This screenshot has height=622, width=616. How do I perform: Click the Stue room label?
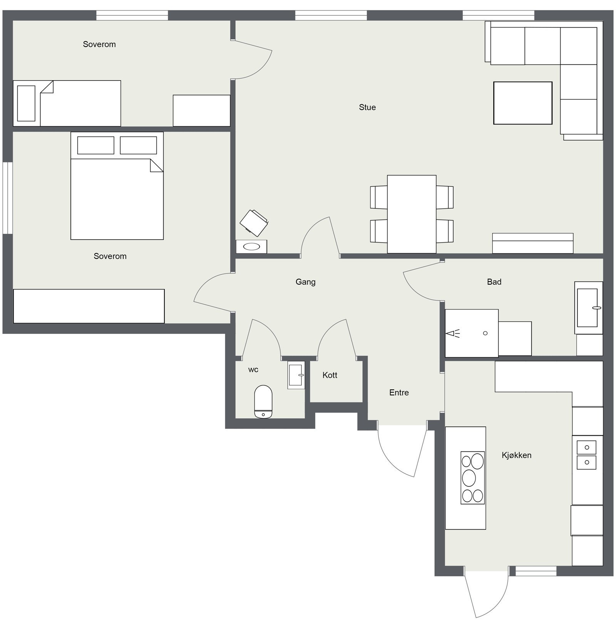point(367,107)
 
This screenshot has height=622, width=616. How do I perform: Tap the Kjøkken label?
point(516,455)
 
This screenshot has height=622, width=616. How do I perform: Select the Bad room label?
point(494,282)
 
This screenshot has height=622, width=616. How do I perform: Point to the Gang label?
point(305,282)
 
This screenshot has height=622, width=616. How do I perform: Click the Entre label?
point(399,392)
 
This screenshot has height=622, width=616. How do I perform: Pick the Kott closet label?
point(330,375)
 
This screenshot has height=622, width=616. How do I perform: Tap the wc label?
point(253,370)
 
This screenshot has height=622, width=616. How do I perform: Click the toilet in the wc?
point(263,401)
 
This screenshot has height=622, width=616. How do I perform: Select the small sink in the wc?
point(296,375)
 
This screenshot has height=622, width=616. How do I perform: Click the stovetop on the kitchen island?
point(472,478)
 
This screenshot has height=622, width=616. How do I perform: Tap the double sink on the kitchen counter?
point(586,455)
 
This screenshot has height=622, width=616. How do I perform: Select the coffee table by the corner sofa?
point(522,103)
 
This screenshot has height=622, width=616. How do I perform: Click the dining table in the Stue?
point(412,214)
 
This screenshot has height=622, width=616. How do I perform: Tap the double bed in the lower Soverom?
point(117,186)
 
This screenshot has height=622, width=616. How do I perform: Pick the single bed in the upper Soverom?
point(67,103)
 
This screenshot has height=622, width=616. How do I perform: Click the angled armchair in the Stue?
point(254,223)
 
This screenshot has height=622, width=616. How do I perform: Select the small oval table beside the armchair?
point(251,246)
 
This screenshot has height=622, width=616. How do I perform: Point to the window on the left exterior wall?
point(8,198)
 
